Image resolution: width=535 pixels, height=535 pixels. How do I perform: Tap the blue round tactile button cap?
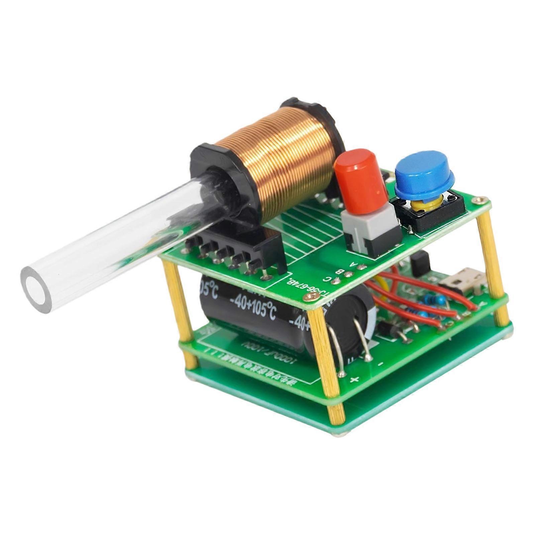424,181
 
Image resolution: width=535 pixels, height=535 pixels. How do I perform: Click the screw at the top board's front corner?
313,300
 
